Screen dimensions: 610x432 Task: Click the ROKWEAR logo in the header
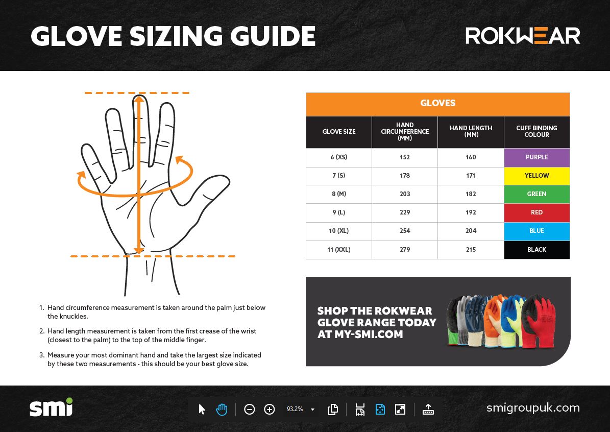523,36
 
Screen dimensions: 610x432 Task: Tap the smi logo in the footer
51,407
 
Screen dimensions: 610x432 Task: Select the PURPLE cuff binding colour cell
537,157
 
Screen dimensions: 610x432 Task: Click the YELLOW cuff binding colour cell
537,176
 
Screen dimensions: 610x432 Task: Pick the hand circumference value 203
405,194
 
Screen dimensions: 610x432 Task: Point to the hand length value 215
471,250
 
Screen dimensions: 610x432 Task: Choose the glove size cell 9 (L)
339,212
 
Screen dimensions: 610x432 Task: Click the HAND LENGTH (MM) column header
471,132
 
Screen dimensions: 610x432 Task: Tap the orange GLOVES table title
438,103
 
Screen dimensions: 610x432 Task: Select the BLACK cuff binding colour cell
537,250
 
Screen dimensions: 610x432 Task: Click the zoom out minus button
250,409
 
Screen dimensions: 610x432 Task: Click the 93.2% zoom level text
295,409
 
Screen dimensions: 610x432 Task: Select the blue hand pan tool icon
222,409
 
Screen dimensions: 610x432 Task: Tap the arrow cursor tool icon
202,409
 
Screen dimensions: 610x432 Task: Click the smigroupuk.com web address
533,408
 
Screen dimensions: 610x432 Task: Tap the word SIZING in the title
176,36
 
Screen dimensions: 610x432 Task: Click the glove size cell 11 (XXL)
339,250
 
